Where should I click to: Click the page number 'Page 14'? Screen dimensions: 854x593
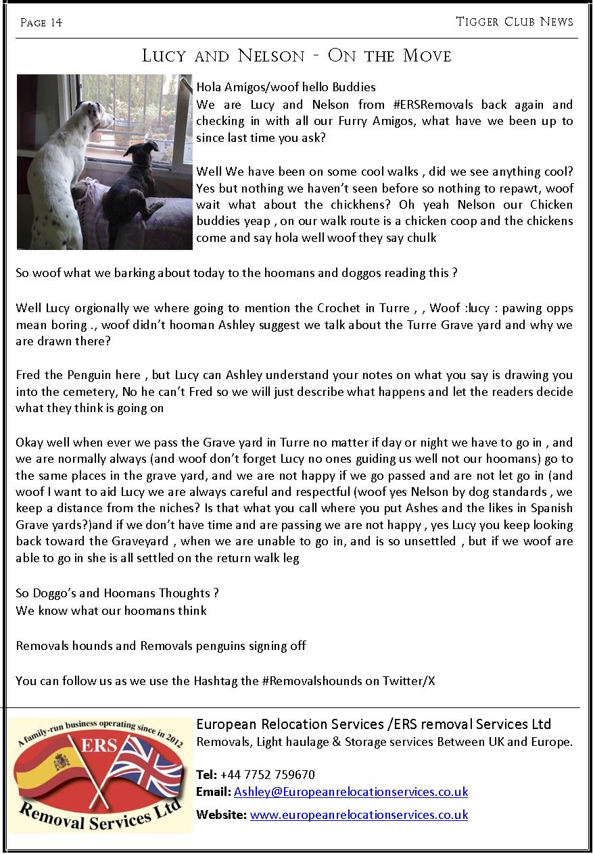[41, 23]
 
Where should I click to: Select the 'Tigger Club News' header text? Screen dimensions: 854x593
[515, 22]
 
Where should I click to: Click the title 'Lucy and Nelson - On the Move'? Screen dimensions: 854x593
[296, 56]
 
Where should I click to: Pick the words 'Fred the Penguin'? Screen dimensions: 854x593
[59, 375]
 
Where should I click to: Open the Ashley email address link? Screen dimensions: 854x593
[350, 792]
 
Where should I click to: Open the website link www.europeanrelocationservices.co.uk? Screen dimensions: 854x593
[358, 815]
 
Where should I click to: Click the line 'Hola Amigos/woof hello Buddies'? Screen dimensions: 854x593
[285, 87]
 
